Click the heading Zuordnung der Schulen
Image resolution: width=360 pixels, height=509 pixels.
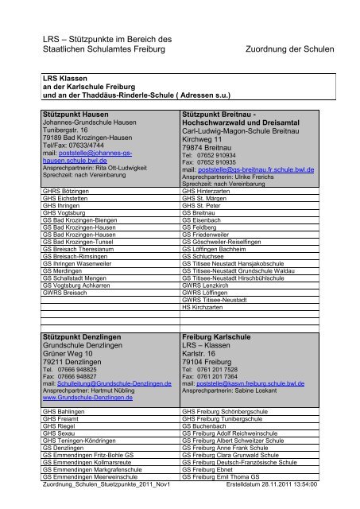coord(296,49)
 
